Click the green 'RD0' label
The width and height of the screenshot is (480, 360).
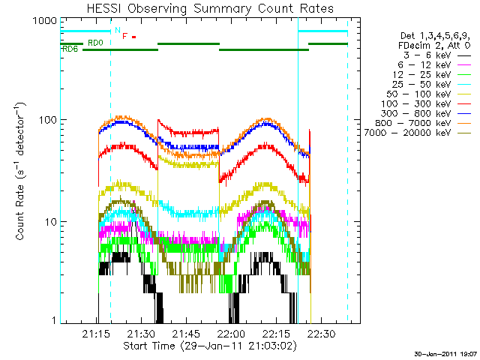tap(95, 43)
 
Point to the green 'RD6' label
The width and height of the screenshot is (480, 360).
tap(70, 50)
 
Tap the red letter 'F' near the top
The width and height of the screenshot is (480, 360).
tap(124, 35)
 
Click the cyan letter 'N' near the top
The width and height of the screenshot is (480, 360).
tap(116, 31)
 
